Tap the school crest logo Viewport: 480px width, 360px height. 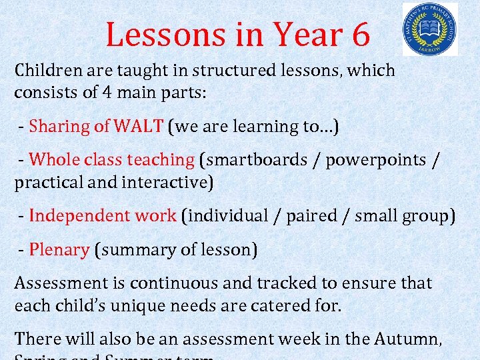coord(430,29)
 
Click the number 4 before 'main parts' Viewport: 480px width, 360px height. coord(107,93)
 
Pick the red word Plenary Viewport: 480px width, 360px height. coord(59,250)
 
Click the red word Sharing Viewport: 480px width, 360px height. coord(59,127)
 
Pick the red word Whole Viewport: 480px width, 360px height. coord(54,160)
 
